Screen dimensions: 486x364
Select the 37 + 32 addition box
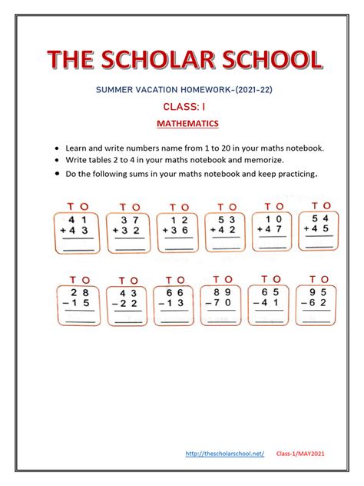click(x=125, y=230)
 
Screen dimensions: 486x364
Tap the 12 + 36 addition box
click(x=177, y=230)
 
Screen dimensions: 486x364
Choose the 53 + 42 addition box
click(x=226, y=229)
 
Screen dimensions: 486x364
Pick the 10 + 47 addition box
click(x=273, y=228)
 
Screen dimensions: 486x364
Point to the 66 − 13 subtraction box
click(x=174, y=304)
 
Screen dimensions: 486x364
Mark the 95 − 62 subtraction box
click(x=316, y=302)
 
